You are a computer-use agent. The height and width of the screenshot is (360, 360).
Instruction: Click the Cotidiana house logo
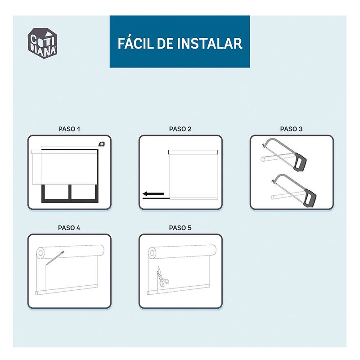click(42, 43)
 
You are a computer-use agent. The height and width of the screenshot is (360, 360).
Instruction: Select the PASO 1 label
click(69, 129)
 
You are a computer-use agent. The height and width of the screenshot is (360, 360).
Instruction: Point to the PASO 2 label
click(180, 129)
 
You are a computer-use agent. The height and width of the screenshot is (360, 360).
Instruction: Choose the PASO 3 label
click(291, 129)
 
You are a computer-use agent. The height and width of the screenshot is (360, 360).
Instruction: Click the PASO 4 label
click(69, 228)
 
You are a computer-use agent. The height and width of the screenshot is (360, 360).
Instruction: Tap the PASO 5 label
click(180, 228)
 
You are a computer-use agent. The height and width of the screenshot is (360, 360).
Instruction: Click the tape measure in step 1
click(102, 144)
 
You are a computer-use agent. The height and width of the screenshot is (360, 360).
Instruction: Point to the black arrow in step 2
click(153, 194)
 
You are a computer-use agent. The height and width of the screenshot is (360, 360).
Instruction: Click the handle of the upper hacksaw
click(300, 162)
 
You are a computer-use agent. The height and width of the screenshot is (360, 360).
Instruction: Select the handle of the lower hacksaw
click(310, 198)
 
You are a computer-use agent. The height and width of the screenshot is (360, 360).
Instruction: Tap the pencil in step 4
click(54, 258)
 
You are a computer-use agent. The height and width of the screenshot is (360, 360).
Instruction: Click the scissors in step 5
click(162, 277)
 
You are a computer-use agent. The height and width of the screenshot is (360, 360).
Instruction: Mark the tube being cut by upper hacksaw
click(277, 157)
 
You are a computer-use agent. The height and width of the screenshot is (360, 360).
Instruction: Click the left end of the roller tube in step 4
click(40, 253)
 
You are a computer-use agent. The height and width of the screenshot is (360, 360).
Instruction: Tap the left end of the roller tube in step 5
click(152, 253)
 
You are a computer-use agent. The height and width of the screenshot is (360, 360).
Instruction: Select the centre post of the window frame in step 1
click(70, 192)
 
